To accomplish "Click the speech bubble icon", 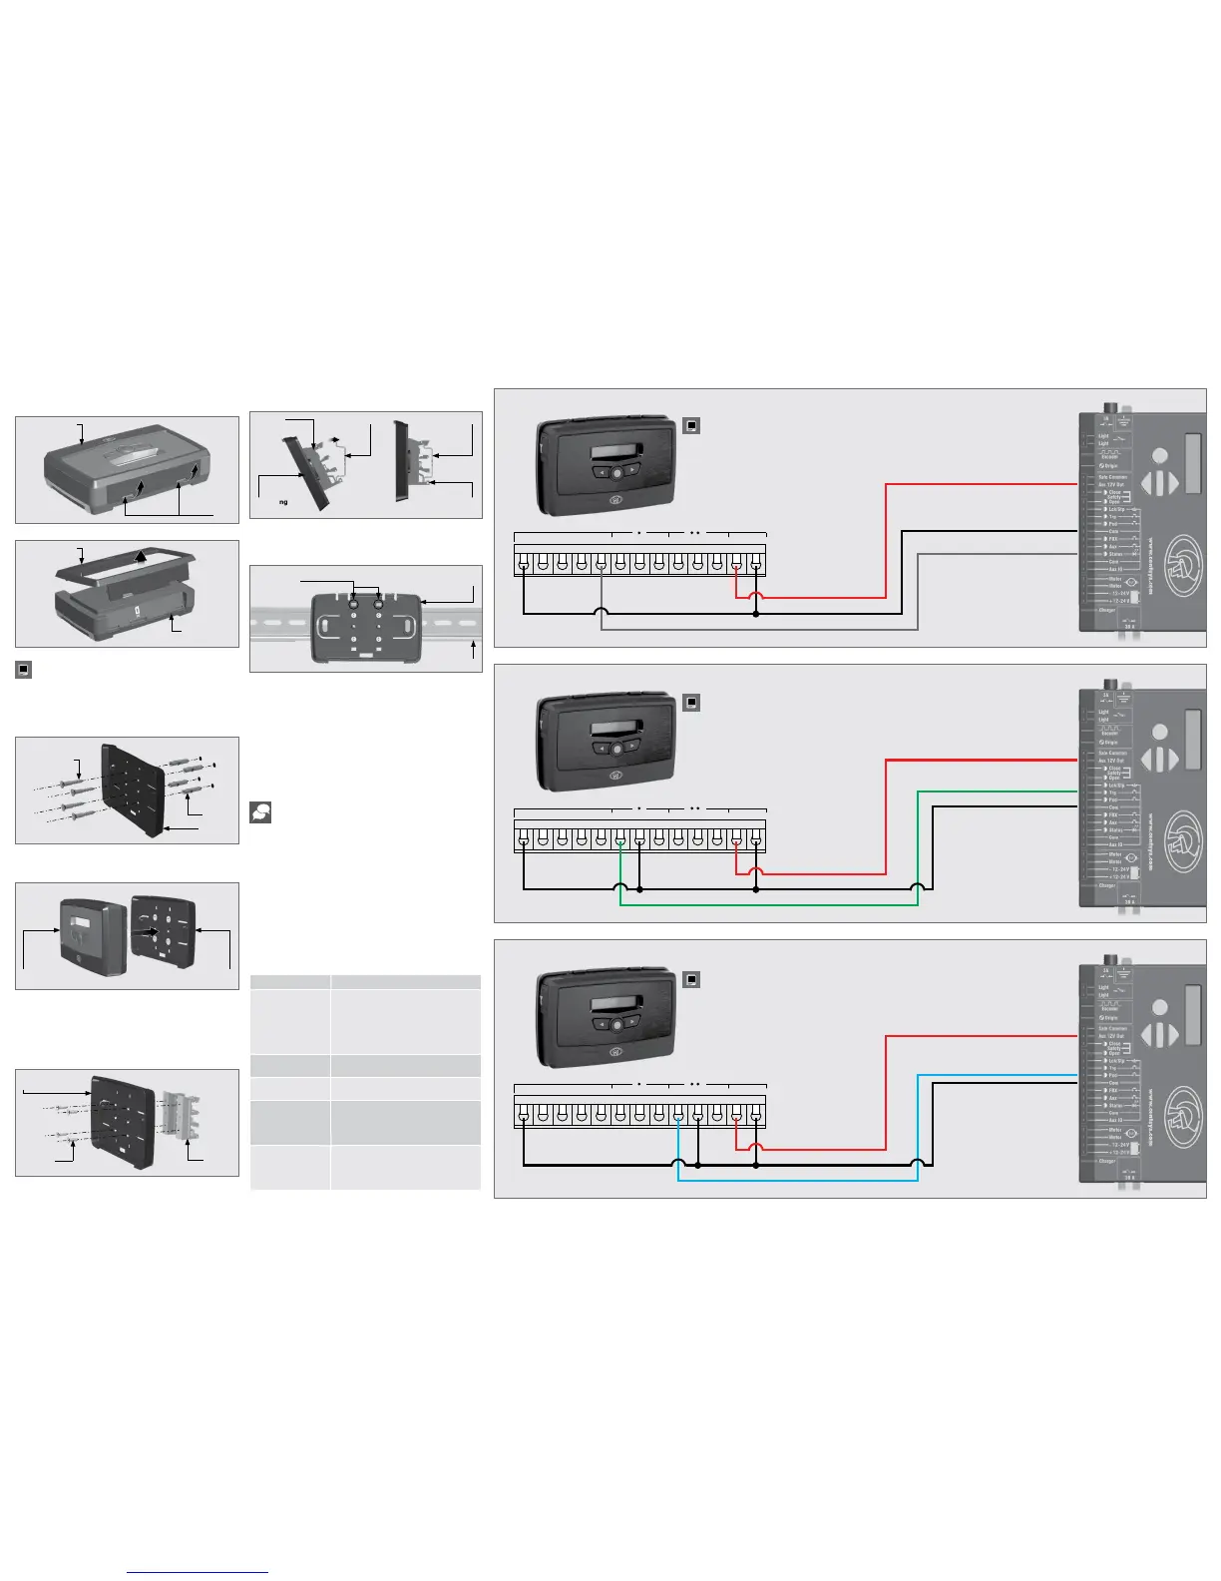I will [x=260, y=812].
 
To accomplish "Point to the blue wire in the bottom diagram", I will [x=798, y=1181].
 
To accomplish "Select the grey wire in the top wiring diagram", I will [x=758, y=630].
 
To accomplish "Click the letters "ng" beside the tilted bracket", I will [x=283, y=502].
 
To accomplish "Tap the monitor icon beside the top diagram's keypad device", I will [x=691, y=426].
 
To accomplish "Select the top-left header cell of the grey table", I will [x=290, y=981].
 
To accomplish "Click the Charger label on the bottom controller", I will [x=1106, y=1161].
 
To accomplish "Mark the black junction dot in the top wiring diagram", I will [x=756, y=614].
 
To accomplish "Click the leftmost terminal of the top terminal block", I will [x=524, y=565].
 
